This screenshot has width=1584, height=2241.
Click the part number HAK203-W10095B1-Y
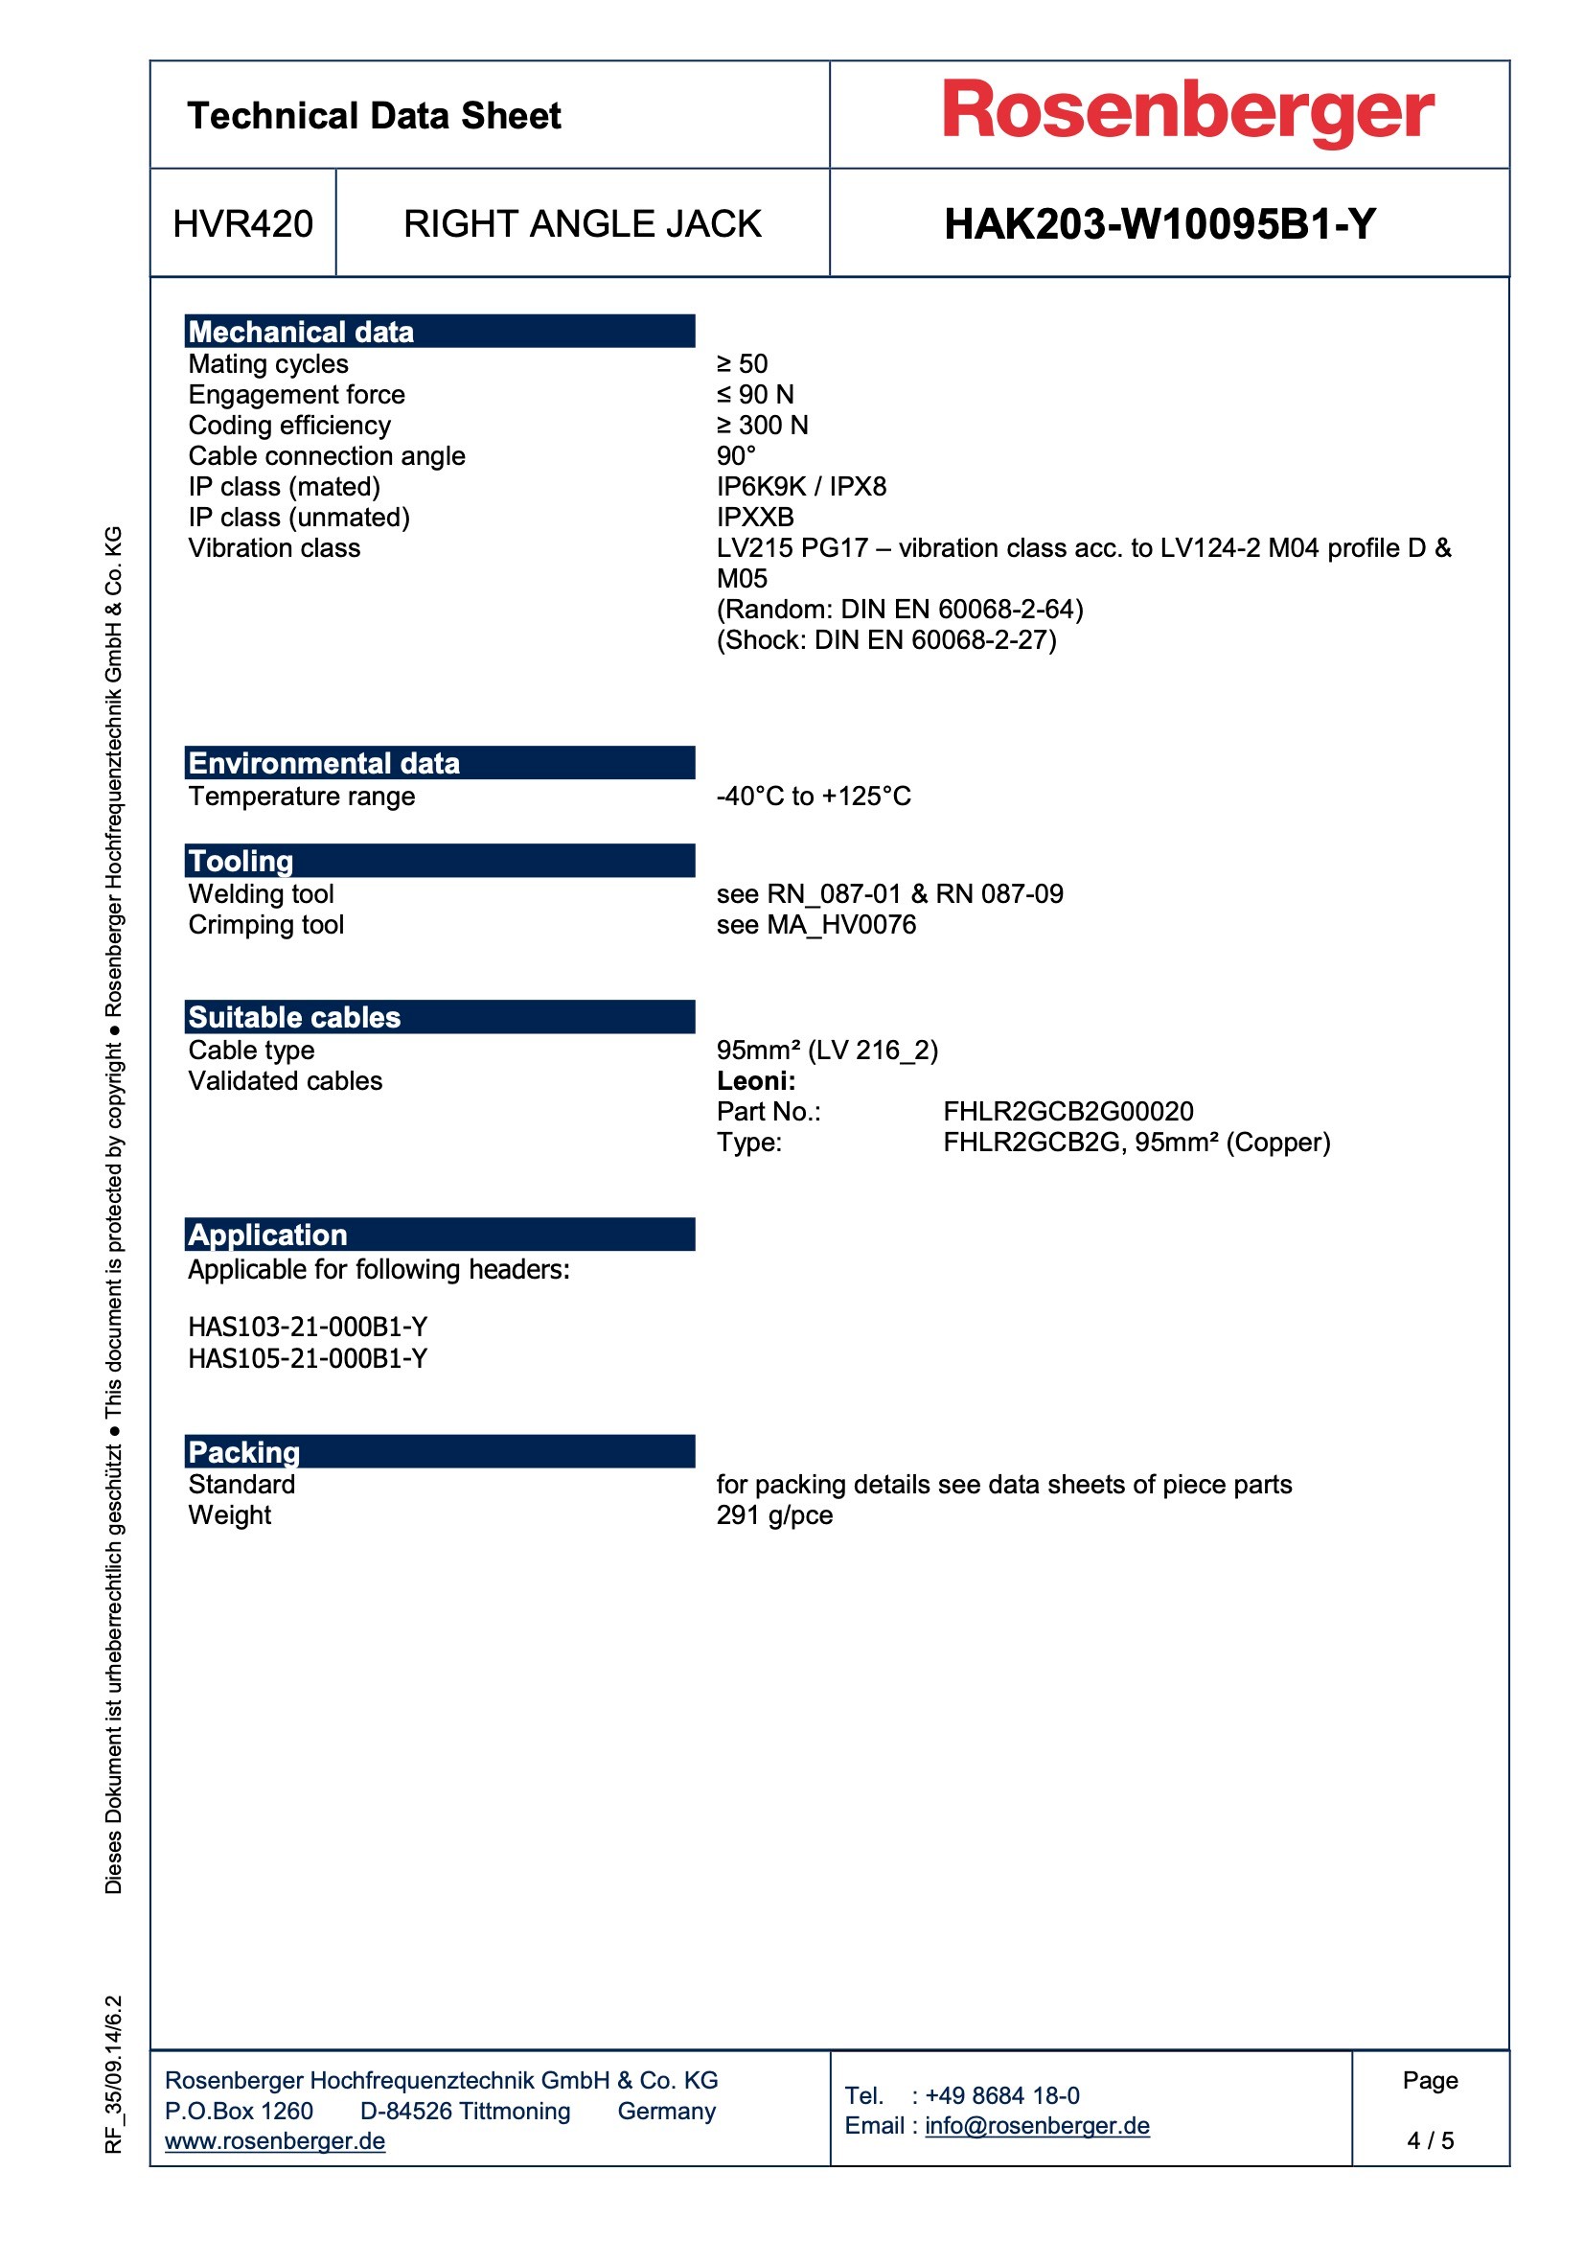1159,224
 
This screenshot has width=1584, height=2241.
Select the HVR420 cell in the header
243,224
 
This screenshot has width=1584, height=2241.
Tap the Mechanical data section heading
302,332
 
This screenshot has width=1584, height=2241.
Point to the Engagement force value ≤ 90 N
755,394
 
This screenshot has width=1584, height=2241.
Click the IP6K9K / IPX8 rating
801,486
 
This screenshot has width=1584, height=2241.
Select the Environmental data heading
324,763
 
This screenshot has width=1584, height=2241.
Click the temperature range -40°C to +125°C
813,797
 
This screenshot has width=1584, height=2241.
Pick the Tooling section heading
241,861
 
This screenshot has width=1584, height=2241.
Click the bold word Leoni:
756,1080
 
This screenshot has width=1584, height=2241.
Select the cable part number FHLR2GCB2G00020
1067,1111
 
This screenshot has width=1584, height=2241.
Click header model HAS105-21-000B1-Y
308,1357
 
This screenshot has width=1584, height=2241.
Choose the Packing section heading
244,1451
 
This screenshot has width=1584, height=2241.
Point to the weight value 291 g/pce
774,1514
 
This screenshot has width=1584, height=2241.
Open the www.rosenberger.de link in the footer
275,2140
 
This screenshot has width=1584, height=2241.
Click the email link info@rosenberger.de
1037,2125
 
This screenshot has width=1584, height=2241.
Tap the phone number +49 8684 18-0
1001,2094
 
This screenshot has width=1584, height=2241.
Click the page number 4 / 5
1430,2139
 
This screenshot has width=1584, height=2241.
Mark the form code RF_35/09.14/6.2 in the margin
114,2073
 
